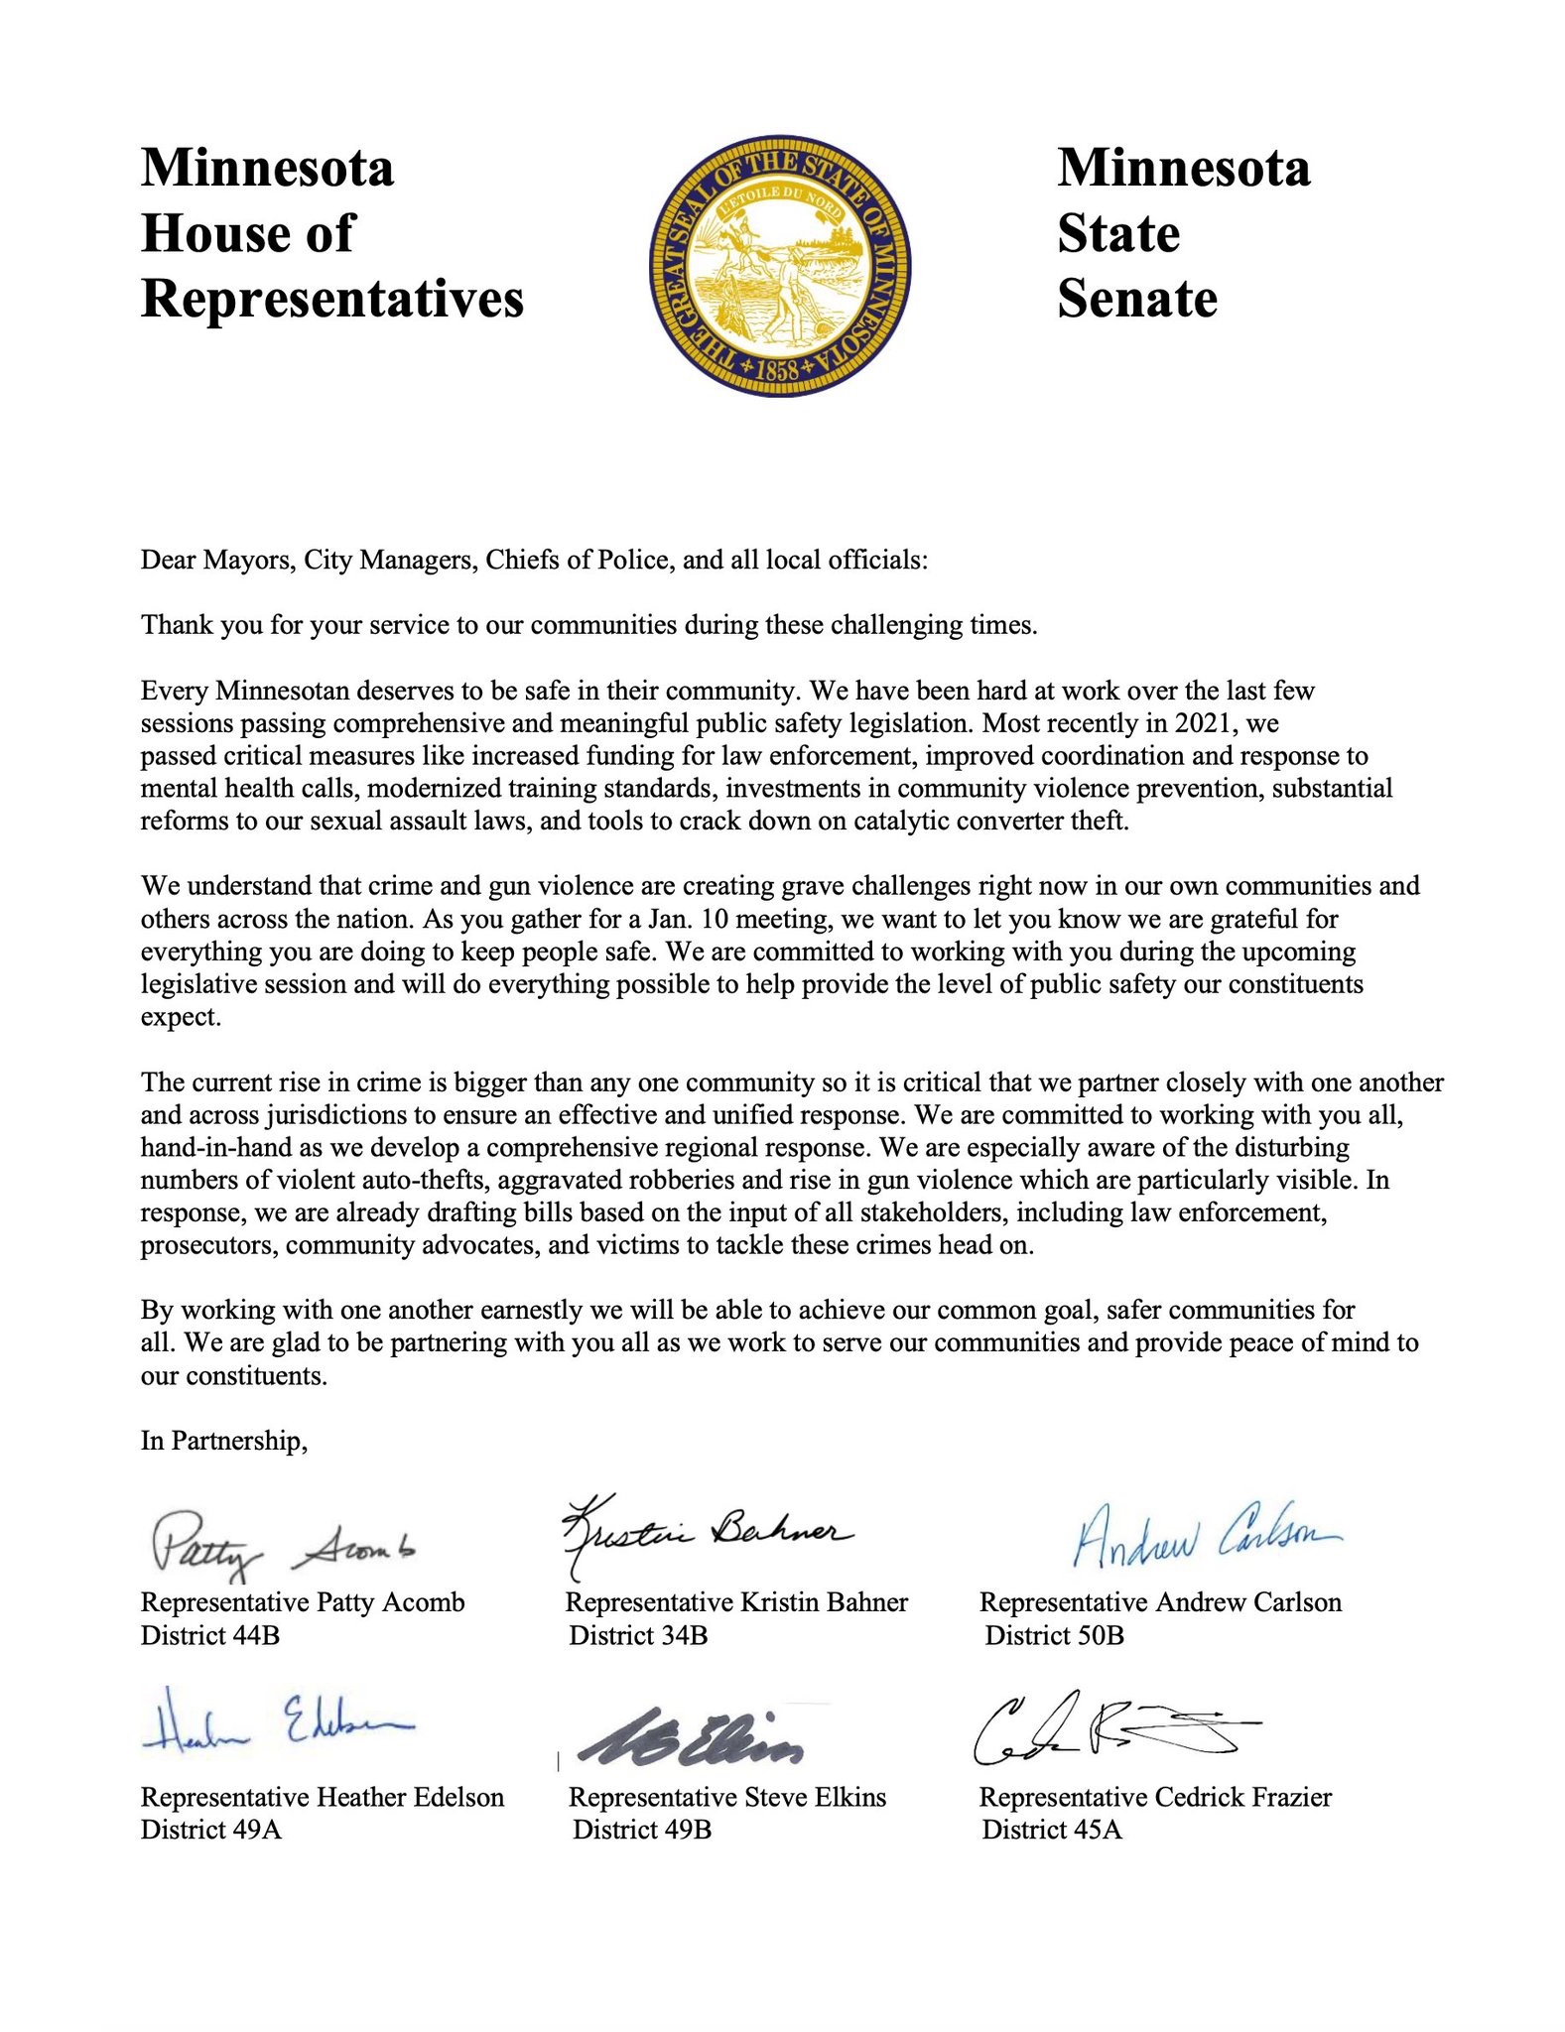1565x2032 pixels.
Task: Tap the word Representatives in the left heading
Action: (332, 300)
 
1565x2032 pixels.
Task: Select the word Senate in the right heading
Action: (1137, 300)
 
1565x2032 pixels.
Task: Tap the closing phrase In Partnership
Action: (224, 1441)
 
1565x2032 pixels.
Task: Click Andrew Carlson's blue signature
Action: (1206, 1538)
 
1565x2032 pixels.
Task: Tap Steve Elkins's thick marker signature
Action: (691, 1738)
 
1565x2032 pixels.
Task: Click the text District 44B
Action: (210, 1635)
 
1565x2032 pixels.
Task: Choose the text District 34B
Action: (638, 1635)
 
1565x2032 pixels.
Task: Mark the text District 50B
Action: (1054, 1635)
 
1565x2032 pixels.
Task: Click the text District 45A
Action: (1052, 1830)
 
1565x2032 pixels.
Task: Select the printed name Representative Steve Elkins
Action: (727, 1797)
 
